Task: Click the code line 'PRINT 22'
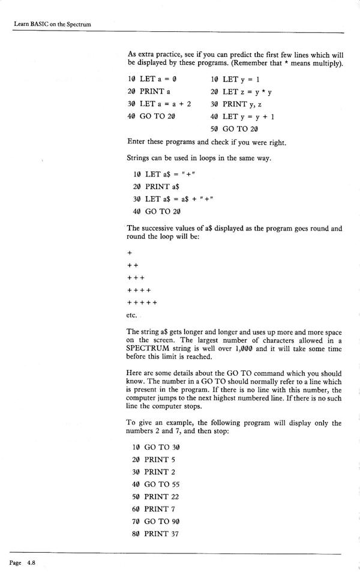154,496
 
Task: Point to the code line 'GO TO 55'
154,484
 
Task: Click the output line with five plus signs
142,303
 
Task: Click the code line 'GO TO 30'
154,447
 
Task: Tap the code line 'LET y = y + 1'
242,116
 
